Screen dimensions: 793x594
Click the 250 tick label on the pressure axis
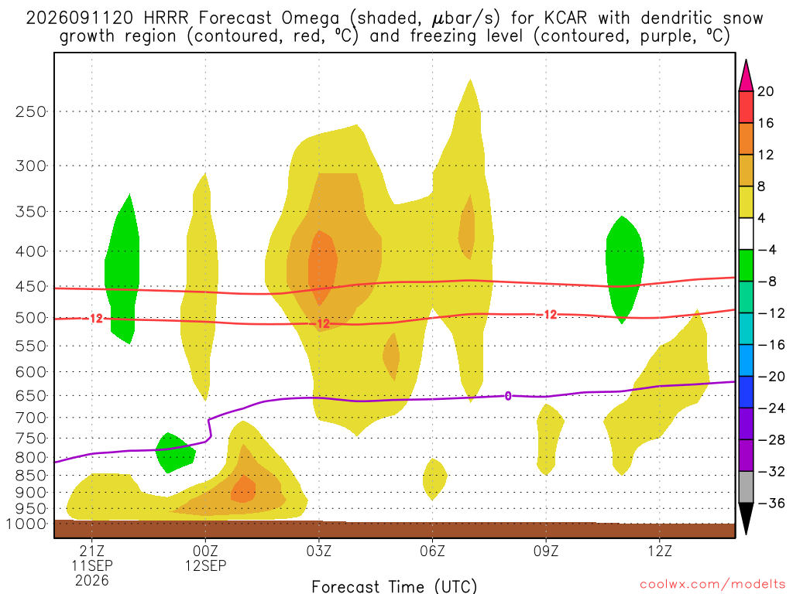[31, 111]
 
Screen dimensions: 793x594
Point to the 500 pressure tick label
[31, 318]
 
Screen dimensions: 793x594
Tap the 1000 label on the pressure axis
[26, 524]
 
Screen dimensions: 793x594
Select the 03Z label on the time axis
[318, 550]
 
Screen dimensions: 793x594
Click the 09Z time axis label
[546, 550]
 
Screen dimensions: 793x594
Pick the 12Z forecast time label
[660, 550]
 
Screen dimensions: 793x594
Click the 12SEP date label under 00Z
[205, 565]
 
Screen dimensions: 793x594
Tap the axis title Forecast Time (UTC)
[394, 586]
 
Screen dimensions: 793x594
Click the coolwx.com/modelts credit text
[712, 585]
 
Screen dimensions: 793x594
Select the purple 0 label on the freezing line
[508, 396]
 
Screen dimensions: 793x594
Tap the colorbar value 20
[766, 91]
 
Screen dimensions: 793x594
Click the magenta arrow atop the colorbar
[746, 75]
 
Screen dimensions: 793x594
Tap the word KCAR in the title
[565, 19]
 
